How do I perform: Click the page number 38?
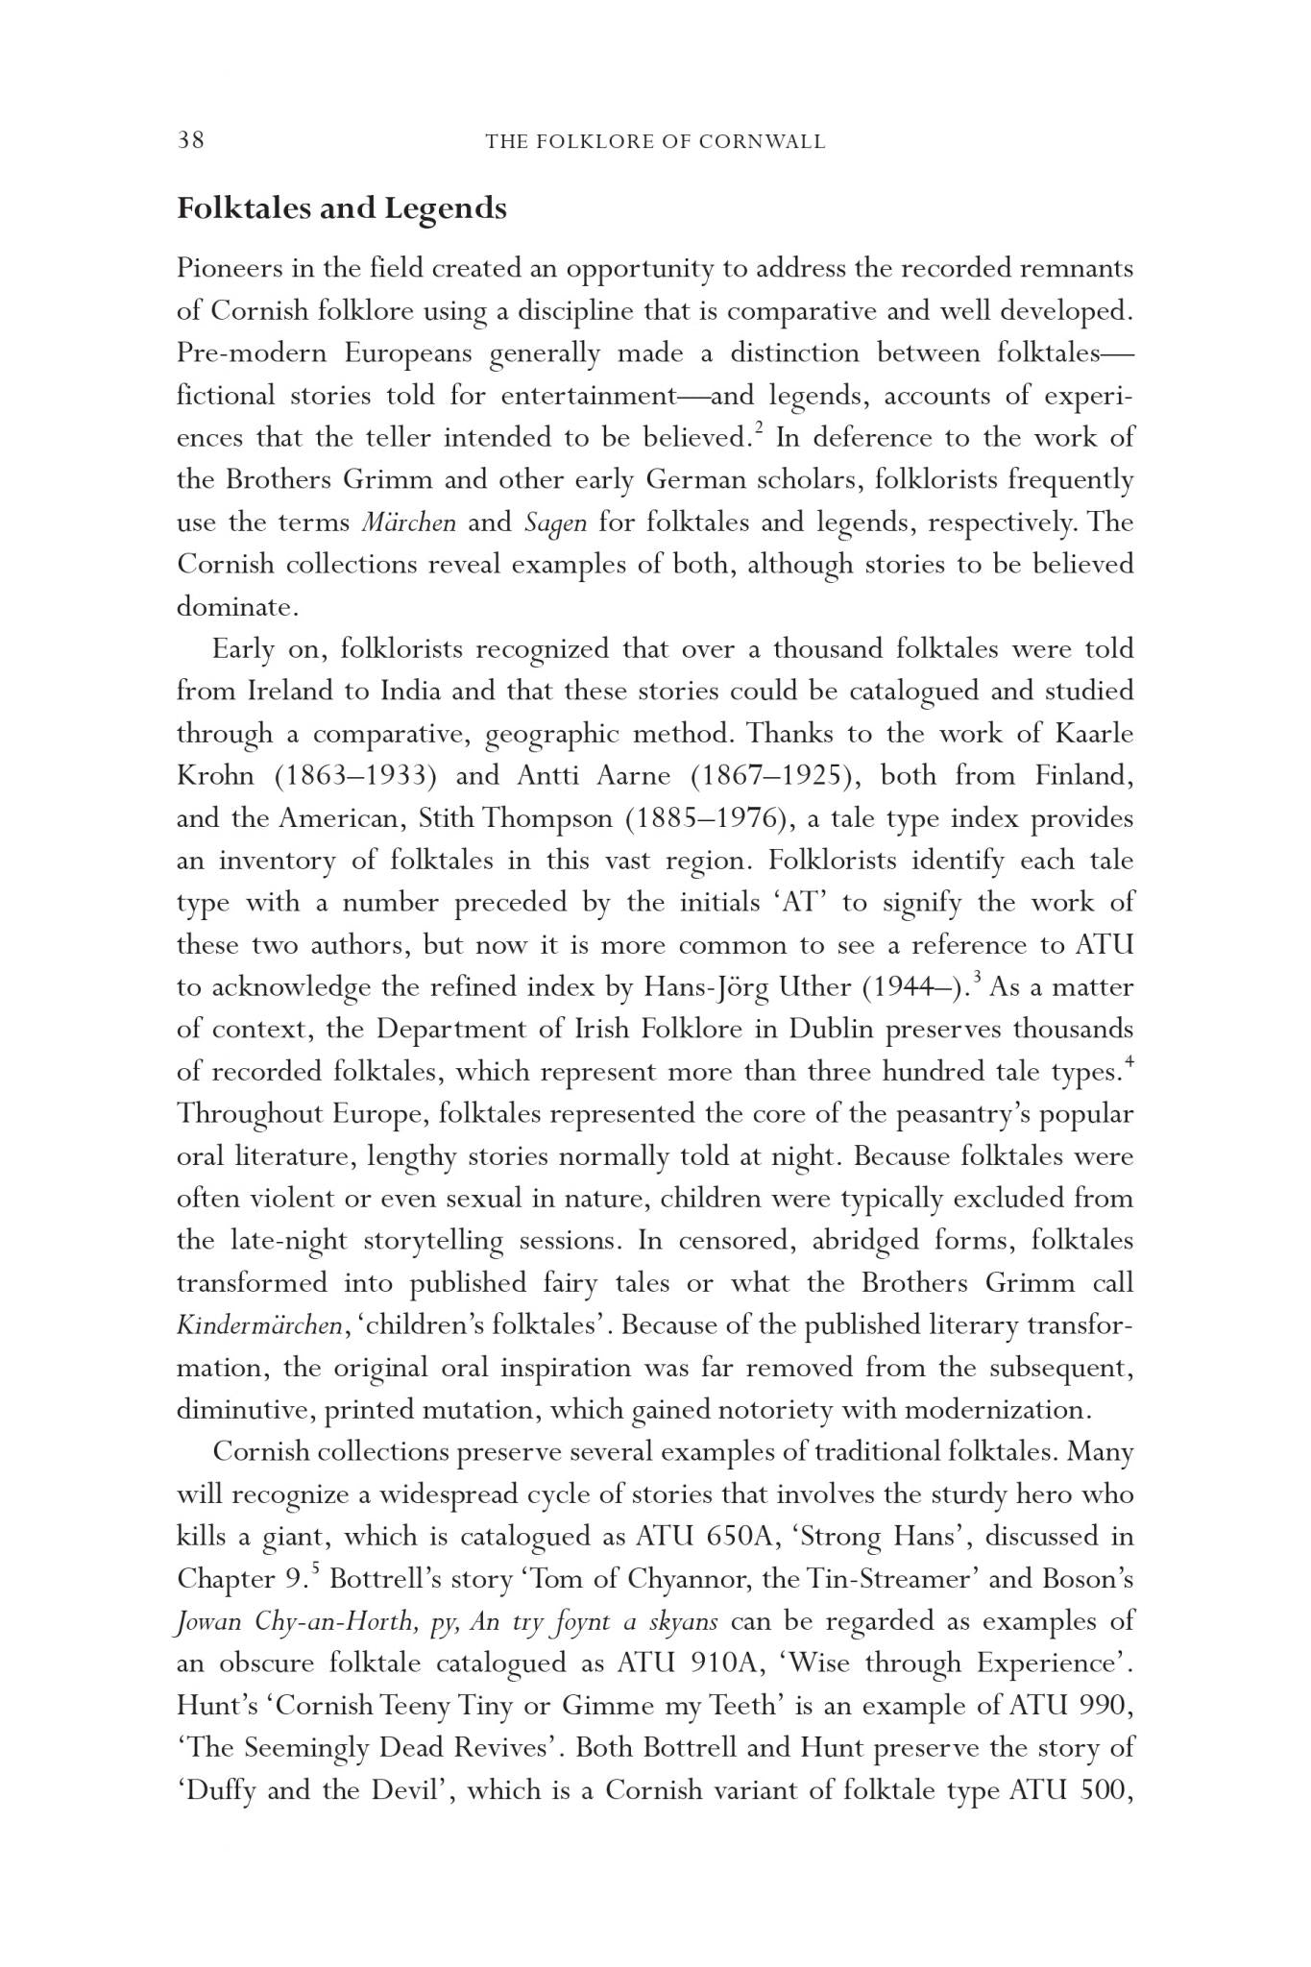(x=190, y=140)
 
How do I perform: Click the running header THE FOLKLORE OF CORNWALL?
(x=655, y=142)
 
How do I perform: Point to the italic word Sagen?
(x=555, y=523)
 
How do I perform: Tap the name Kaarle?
(x=1093, y=734)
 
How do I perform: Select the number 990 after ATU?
(x=1106, y=1706)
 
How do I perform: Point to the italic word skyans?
(x=684, y=1621)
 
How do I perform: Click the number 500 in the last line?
(x=1106, y=1790)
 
